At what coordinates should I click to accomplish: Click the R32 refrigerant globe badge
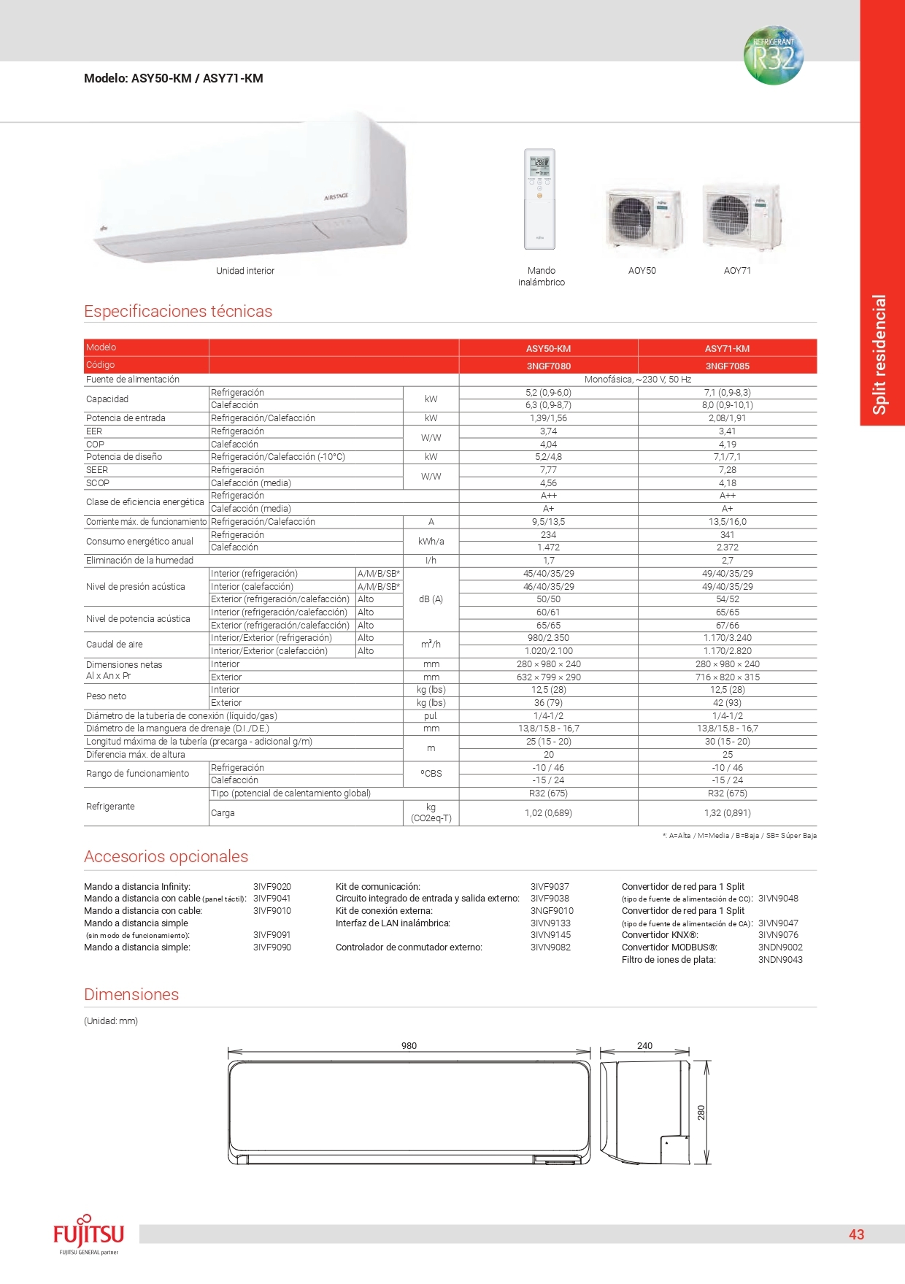773,55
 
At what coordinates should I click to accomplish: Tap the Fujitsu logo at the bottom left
88,1234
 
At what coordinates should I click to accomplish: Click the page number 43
856,1234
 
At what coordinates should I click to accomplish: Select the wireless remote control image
539,199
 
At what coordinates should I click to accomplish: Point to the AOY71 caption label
737,271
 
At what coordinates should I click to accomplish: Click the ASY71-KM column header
727,349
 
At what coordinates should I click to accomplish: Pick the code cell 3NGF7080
548,366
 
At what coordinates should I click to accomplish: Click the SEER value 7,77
548,470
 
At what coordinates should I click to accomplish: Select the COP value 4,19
727,445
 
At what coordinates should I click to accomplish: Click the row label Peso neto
107,696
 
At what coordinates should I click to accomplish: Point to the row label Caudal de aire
115,645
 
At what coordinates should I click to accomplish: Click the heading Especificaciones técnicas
178,312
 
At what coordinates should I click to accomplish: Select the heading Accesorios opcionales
166,857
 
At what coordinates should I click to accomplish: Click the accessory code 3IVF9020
271,887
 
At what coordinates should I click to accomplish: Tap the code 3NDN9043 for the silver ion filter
780,960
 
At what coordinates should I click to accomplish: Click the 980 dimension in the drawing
409,1046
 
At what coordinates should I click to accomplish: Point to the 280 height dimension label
701,1112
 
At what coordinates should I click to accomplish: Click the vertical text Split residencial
880,355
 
